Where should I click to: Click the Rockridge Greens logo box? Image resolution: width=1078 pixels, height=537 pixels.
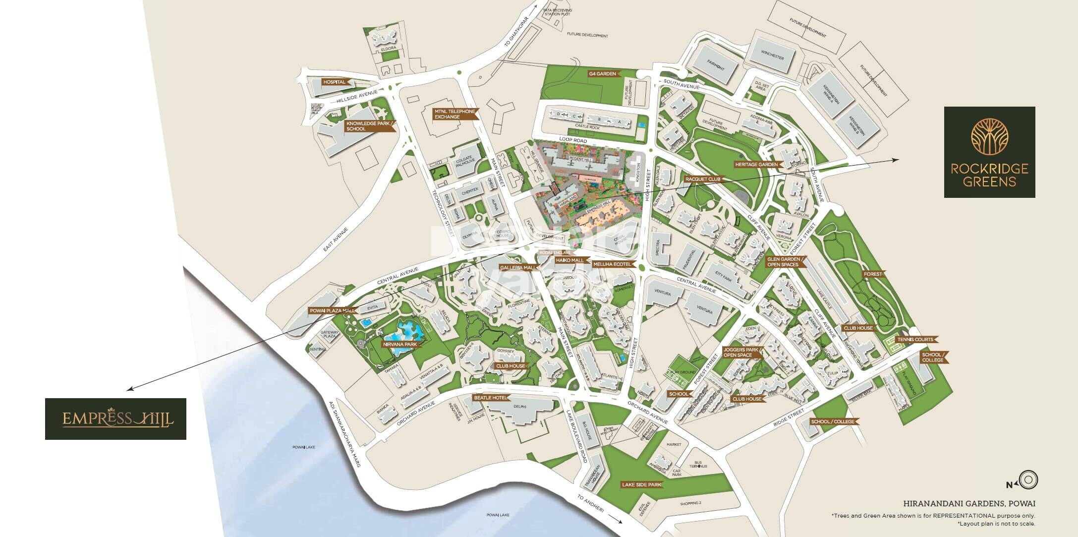(989, 152)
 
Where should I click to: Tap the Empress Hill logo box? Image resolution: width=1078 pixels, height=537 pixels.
(115, 418)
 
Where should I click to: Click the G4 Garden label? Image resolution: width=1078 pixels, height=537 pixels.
(603, 74)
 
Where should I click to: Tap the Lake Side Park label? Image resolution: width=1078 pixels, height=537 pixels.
(641, 484)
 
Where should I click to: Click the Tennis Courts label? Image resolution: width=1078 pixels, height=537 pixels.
(917, 340)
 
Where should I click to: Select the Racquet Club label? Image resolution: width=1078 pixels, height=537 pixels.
(702, 179)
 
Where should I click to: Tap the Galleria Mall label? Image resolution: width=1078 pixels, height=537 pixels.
(518, 267)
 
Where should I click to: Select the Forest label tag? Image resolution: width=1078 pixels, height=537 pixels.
(872, 274)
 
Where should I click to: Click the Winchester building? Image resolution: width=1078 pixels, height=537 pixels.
(772, 57)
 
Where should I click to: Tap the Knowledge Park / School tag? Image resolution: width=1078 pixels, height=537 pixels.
(369, 126)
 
